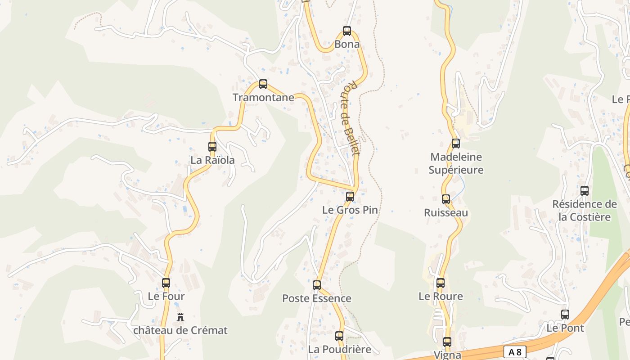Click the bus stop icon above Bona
(347, 31)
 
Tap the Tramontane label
(263, 97)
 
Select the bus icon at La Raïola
(212, 146)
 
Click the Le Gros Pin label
(350, 210)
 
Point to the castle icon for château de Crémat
(180, 317)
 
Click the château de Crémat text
(180, 330)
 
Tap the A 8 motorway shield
(515, 351)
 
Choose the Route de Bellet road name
(351, 118)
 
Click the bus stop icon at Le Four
(166, 283)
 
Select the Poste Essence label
(317, 298)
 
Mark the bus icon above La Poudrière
(339, 336)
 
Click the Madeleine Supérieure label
(456, 163)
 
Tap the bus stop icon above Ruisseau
(446, 199)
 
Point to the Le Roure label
(441, 296)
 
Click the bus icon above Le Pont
(565, 315)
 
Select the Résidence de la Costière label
(585, 210)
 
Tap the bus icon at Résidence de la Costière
(585, 190)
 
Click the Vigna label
(447, 355)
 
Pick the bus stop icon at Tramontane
(263, 84)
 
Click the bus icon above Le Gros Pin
(350, 196)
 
